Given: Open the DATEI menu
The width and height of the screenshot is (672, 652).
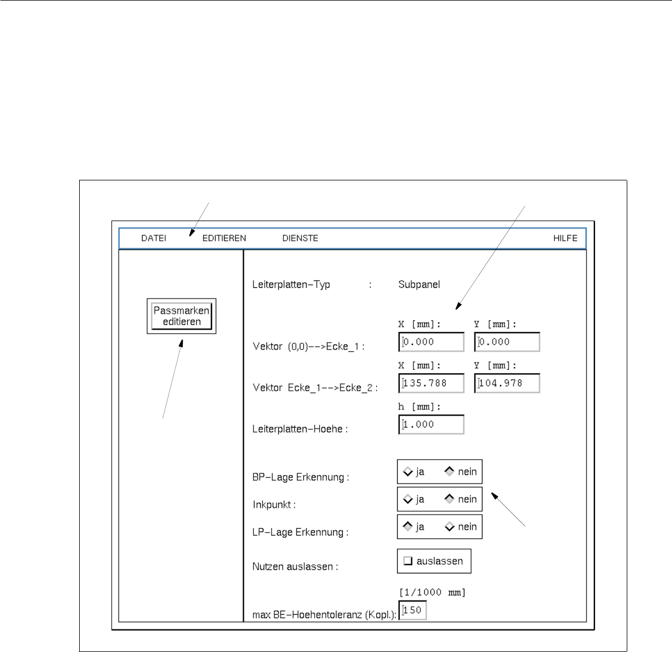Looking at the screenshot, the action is click(153, 238).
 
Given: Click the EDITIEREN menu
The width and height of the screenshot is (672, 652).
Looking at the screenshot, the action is click(224, 238).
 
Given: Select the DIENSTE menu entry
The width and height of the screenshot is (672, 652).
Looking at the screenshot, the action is click(300, 238).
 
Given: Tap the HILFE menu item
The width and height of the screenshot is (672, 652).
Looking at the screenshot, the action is click(565, 238).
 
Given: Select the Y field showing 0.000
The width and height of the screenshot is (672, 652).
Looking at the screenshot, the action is click(507, 342).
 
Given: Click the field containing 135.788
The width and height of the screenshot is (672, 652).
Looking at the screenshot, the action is click(431, 383).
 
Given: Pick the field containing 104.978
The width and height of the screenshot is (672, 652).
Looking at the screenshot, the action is click(507, 383).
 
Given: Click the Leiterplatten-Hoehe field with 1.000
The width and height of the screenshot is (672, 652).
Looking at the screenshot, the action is click(431, 425).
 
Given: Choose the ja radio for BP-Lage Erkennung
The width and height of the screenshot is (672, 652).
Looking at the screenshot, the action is click(408, 472).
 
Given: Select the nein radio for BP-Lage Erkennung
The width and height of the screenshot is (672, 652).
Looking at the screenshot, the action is click(450, 471).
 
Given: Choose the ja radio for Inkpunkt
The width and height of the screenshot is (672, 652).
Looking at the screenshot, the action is click(408, 499).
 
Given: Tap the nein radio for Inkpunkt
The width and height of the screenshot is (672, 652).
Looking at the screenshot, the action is click(450, 499).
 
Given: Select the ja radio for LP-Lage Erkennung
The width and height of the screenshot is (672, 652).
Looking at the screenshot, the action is click(408, 526).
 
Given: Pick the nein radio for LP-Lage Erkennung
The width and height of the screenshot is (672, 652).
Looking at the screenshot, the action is click(450, 527).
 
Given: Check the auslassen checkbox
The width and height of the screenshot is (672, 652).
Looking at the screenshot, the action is click(408, 561).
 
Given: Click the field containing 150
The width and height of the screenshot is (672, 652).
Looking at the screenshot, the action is click(413, 610).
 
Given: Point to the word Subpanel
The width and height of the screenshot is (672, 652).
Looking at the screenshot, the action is click(419, 284).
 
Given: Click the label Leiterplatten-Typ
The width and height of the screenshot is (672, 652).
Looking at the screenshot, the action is click(291, 284).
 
